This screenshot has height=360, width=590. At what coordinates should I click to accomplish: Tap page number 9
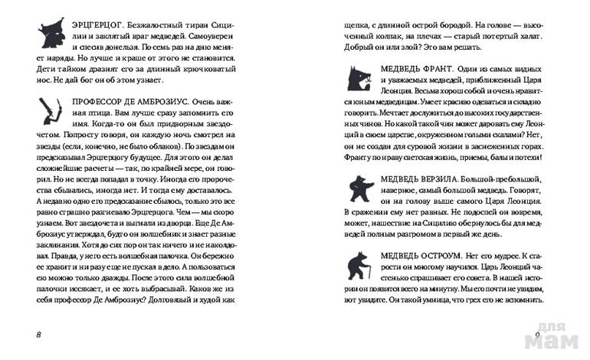(539, 335)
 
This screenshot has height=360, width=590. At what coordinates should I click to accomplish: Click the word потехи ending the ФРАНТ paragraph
(524, 159)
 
